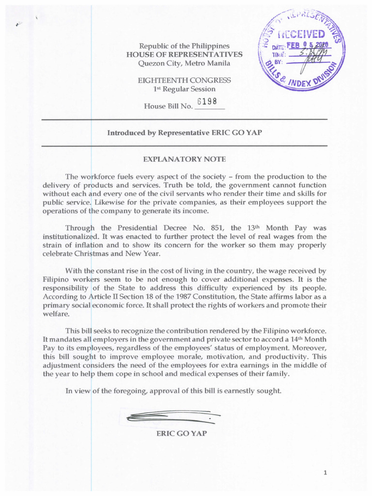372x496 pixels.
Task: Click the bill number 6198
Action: click(x=207, y=102)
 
